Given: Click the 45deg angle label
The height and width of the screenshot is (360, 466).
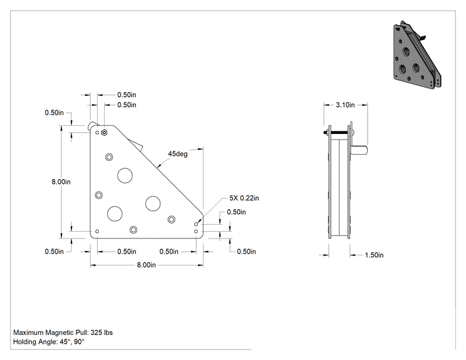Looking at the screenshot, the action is click(178, 154).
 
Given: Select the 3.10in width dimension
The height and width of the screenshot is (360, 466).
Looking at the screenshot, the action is click(345, 105).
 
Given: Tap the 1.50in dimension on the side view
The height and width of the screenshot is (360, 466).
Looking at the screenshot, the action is click(374, 255).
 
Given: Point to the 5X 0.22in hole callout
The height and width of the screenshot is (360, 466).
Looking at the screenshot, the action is click(244, 198).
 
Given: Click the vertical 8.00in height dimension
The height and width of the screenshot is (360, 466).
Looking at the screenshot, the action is click(61, 182).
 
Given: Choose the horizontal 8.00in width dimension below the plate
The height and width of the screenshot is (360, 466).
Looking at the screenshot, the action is click(146, 265).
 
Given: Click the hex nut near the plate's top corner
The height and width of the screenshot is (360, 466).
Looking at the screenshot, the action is click(104, 133).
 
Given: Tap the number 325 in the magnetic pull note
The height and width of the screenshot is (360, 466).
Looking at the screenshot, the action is click(96, 332).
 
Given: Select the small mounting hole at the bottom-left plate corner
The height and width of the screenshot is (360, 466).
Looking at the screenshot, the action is click(97, 231).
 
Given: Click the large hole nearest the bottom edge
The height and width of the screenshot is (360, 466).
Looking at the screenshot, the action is click(115, 213).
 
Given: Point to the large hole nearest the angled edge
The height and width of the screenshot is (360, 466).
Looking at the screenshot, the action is click(153, 203).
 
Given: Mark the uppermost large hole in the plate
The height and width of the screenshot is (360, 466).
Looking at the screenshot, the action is click(125, 175).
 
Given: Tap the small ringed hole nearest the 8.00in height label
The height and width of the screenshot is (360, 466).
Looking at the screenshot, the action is click(99, 195).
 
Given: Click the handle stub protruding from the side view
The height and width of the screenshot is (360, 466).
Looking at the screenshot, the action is click(359, 150).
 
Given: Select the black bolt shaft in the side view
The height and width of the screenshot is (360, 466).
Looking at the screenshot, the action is click(339, 133).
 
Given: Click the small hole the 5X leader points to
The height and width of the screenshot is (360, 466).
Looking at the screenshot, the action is click(196, 224).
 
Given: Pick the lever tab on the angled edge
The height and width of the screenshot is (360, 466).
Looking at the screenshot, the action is click(136, 145).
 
